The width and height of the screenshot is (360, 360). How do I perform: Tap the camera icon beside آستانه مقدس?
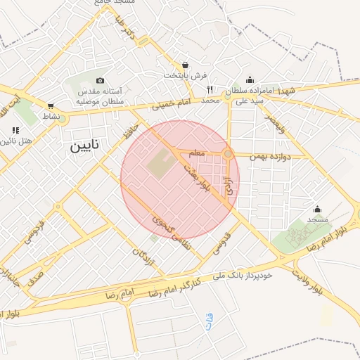[100, 81]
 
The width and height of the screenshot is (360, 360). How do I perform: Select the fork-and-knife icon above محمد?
[210, 89]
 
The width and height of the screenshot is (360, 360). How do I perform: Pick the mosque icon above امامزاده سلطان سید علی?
[250, 80]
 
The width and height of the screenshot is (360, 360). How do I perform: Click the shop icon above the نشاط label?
[51, 105]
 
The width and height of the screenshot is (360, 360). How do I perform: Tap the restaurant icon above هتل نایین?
[15, 130]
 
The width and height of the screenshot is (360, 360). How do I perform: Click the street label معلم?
[197, 153]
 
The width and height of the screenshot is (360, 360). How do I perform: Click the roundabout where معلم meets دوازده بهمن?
[228, 154]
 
